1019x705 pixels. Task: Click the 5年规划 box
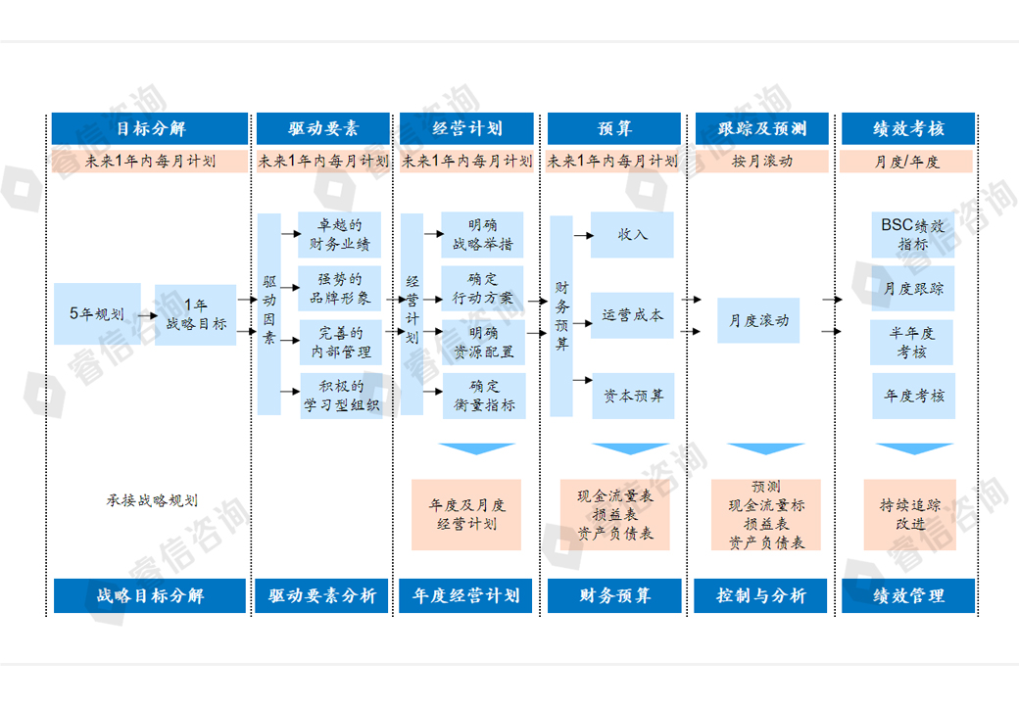tap(96, 314)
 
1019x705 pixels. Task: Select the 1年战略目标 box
tap(196, 314)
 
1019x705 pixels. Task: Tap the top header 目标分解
tap(149, 128)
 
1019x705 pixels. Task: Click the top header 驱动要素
tap(323, 128)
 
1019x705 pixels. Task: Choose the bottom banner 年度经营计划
tap(465, 595)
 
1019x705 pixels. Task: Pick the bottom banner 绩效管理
tap(907, 595)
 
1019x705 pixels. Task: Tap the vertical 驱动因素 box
tap(269, 314)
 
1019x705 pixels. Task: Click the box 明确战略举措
tap(482, 235)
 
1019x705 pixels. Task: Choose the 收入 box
tap(632, 235)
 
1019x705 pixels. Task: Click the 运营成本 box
tap(632, 315)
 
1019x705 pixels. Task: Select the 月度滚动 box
tap(758, 320)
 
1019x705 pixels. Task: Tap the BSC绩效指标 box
tap(912, 235)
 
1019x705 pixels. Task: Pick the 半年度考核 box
tap(912, 342)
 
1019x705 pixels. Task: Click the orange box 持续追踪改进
tap(909, 514)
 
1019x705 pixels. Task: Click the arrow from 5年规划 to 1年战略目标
tap(147, 315)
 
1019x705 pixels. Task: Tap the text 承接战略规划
tap(152, 500)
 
